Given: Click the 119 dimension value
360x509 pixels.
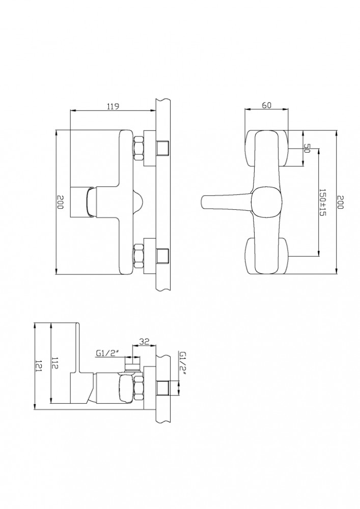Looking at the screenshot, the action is coord(113,106).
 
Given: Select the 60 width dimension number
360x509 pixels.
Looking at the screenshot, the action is coord(266,105).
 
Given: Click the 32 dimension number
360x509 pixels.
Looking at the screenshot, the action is coord(144,341).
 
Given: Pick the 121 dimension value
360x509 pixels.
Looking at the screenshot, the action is coord(39,366).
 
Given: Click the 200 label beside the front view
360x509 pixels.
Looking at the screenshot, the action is coord(340,202).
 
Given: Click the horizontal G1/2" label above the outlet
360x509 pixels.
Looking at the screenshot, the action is coord(105,354).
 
